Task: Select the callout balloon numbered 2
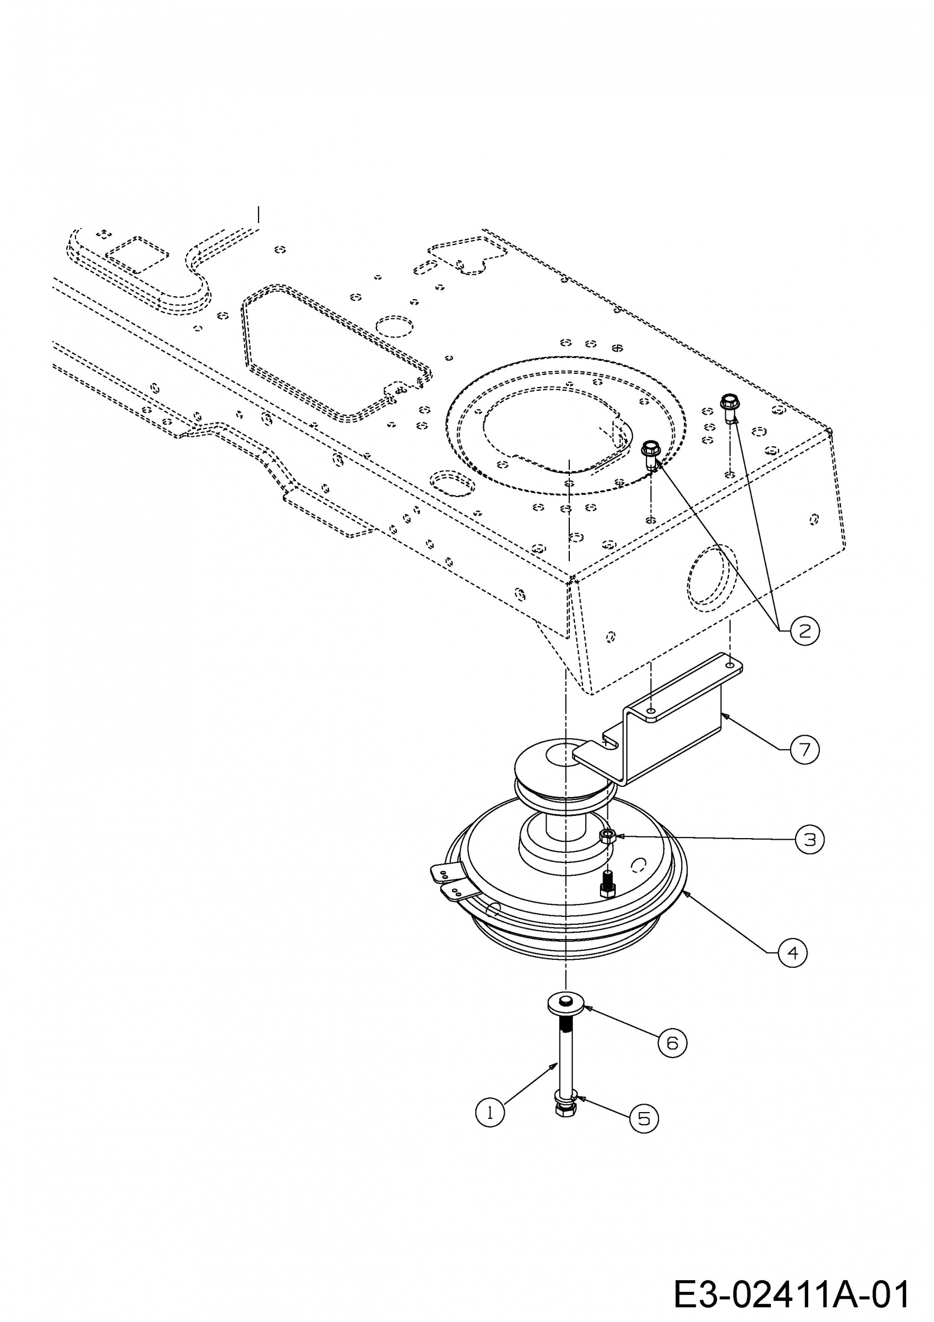point(804,631)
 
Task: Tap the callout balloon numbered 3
point(810,840)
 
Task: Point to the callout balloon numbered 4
point(792,953)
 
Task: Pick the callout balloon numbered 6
point(672,1043)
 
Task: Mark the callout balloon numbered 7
point(804,749)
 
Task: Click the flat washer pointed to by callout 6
point(566,1004)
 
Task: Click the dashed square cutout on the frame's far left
point(137,253)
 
